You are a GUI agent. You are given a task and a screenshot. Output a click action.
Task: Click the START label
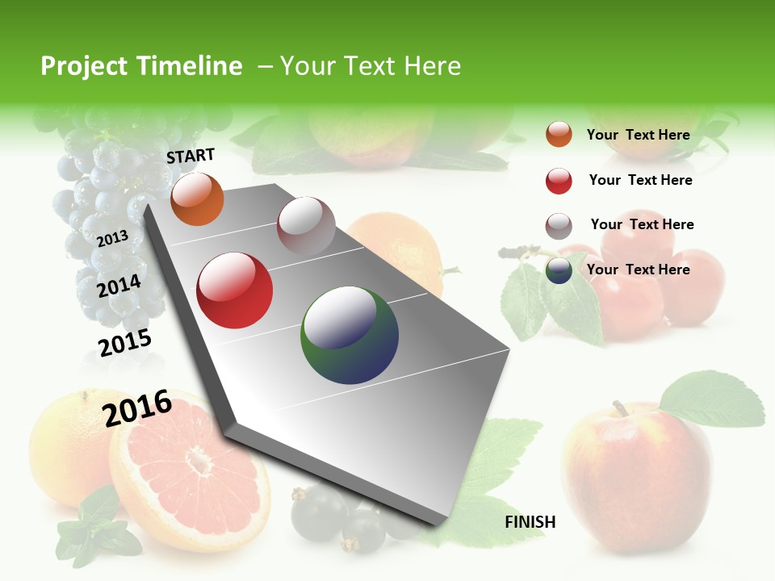coord(191,156)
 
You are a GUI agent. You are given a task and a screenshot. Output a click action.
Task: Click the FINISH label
coord(530,522)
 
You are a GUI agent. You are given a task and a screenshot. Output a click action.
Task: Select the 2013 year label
coord(112,238)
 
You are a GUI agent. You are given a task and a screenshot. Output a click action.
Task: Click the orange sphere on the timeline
coord(197,199)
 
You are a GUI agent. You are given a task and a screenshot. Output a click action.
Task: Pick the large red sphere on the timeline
coord(234,290)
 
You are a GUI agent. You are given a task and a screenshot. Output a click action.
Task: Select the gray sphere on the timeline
coord(306,226)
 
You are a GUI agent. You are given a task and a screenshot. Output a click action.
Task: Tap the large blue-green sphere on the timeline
coord(350,334)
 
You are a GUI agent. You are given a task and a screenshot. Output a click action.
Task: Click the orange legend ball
coord(559,134)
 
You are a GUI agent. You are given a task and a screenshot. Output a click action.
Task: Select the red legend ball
coord(559,181)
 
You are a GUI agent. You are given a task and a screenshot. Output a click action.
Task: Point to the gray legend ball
coord(559,226)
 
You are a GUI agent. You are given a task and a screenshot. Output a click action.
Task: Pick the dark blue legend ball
coord(559,270)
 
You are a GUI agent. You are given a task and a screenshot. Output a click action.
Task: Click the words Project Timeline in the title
coord(141,66)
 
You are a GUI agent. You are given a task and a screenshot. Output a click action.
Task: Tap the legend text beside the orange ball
coord(638,135)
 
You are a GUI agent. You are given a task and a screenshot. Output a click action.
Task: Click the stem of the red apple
coord(620,408)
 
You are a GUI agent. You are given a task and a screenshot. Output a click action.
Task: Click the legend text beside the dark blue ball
coord(638,270)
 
